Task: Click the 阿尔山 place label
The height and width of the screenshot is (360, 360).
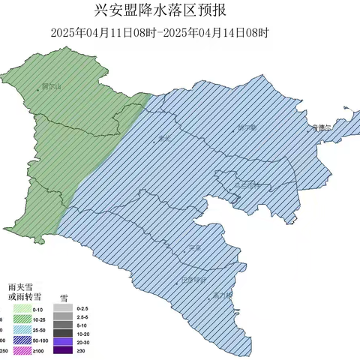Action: click(x=51, y=87)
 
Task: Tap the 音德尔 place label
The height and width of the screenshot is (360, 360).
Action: click(x=321, y=128)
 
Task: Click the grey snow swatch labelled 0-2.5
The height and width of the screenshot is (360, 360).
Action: click(x=63, y=308)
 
